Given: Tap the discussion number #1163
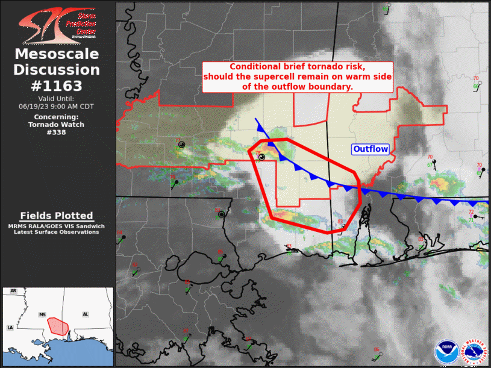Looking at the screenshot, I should tap(57, 86).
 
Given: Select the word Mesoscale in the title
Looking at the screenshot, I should tap(57, 55).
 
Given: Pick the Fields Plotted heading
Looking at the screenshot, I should tap(57, 216).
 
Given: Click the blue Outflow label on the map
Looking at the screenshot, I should tap(371, 149).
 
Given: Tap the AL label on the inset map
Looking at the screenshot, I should tap(86, 314).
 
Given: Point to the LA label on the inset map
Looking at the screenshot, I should tap(10, 327).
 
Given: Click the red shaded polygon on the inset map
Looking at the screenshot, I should tap(58, 325).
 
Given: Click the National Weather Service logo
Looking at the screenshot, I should tap(474, 352).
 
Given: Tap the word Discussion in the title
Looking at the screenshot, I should tap(57, 70).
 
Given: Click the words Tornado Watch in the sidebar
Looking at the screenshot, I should tap(57, 125).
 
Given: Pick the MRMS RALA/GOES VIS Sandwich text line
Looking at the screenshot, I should tap(57, 226).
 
